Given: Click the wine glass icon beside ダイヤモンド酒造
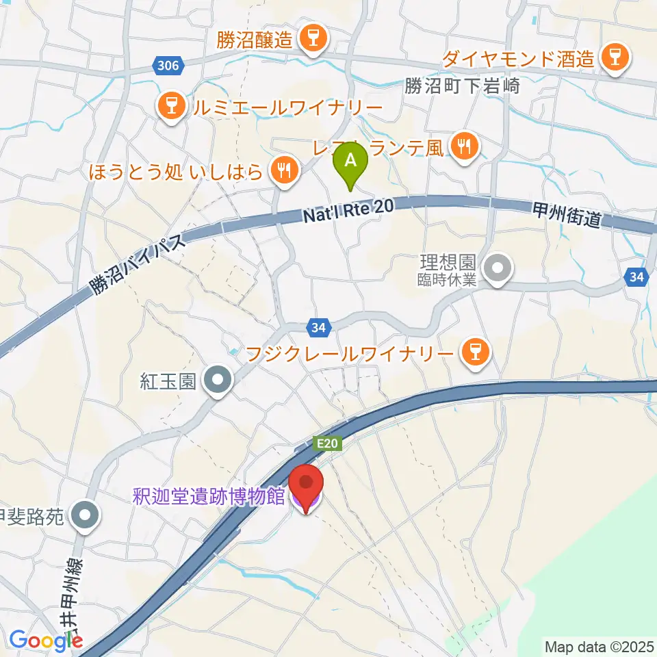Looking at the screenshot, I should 614,59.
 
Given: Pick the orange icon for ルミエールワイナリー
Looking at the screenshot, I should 168,107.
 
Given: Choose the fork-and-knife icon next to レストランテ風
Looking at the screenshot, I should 463,145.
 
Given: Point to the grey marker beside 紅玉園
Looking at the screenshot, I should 219,380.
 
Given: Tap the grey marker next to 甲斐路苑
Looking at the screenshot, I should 86,516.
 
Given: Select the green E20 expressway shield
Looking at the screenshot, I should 328,443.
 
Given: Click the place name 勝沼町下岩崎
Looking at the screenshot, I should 472,86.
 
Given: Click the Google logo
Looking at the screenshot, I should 46,641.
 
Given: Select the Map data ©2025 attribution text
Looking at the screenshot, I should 598,646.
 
